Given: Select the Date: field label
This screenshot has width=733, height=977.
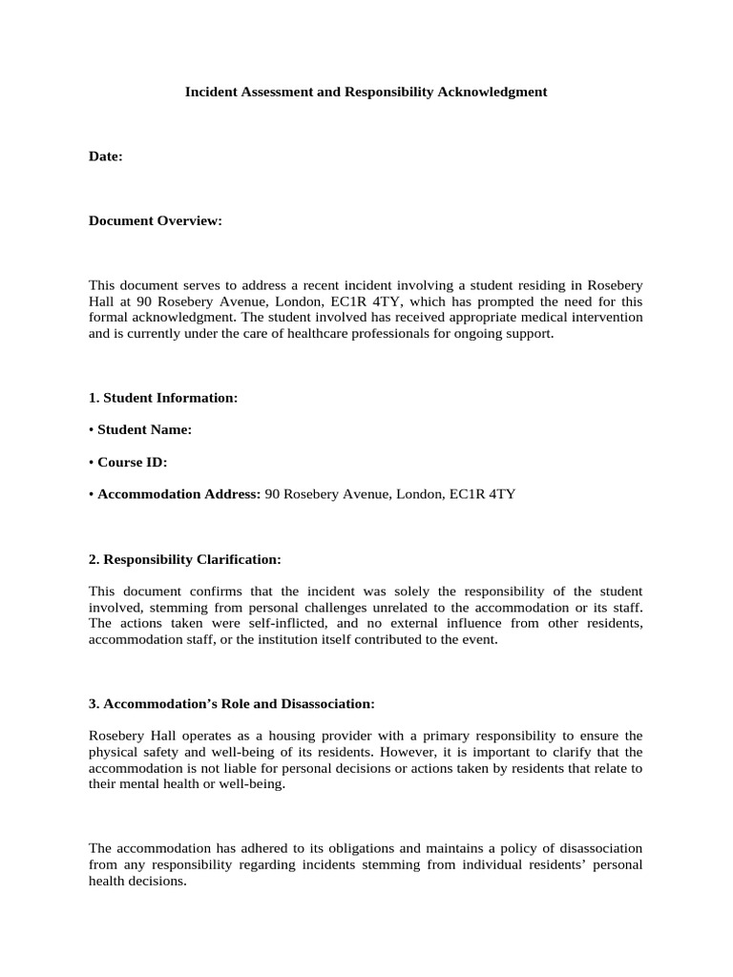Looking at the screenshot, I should click(x=106, y=156).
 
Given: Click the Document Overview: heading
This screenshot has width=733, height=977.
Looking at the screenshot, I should click(x=156, y=220).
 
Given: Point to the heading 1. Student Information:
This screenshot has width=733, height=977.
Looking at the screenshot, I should click(x=163, y=398).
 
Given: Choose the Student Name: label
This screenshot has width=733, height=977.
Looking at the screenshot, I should click(x=144, y=429).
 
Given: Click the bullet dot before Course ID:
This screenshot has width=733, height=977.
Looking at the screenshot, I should click(x=92, y=462).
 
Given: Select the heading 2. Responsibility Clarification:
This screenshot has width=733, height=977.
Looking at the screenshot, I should click(x=185, y=558).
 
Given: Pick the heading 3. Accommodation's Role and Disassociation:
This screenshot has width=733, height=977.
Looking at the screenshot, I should click(x=232, y=703).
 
